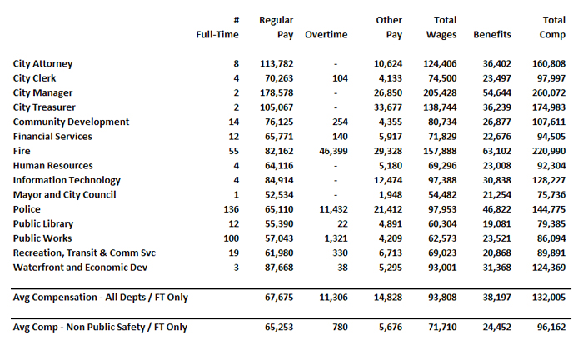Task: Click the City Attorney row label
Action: [43, 64]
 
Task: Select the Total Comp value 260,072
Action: [546, 93]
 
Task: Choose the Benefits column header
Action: [492, 35]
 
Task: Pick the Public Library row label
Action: [43, 224]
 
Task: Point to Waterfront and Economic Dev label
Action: [81, 267]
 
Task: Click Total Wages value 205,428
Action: [439, 93]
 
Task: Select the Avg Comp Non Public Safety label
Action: [100, 327]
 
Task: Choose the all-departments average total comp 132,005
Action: [546, 297]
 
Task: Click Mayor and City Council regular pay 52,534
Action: [278, 195]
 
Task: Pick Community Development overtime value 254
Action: [340, 122]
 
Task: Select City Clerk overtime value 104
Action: [340, 78]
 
